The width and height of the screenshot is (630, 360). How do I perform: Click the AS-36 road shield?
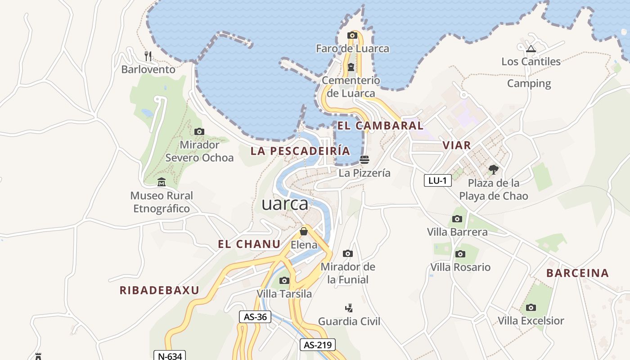tap(255, 317)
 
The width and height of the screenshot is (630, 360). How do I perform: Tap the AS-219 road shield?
tap(318, 345)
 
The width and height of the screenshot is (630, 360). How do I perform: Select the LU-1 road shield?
tap(437, 180)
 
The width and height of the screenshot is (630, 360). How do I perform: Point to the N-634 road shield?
tap(170, 356)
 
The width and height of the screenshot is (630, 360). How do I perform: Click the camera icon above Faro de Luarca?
tap(352, 35)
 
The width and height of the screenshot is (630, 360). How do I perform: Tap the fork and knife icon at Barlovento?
tap(148, 56)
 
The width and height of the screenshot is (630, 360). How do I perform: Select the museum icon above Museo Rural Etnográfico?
tap(162, 182)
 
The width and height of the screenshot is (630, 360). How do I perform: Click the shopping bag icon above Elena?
tap(304, 232)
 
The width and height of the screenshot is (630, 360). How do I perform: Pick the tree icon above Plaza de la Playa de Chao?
tap(494, 170)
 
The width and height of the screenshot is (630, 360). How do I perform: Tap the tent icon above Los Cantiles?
tap(531, 48)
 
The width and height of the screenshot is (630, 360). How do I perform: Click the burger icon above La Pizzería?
tap(364, 159)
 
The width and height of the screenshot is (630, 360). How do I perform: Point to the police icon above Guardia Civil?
tap(349, 308)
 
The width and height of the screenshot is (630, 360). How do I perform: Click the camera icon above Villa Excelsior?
tap(531, 308)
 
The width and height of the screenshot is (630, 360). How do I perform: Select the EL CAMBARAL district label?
tap(380, 126)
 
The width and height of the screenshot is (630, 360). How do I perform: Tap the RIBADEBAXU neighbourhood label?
tap(159, 290)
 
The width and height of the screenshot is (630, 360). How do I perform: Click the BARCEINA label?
tap(577, 273)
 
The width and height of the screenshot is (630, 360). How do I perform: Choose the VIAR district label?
tap(456, 145)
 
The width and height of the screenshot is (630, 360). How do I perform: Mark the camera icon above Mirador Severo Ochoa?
tap(199, 131)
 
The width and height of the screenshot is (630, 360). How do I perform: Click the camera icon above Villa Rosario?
tap(460, 254)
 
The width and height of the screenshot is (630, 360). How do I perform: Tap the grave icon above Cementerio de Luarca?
tap(351, 67)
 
